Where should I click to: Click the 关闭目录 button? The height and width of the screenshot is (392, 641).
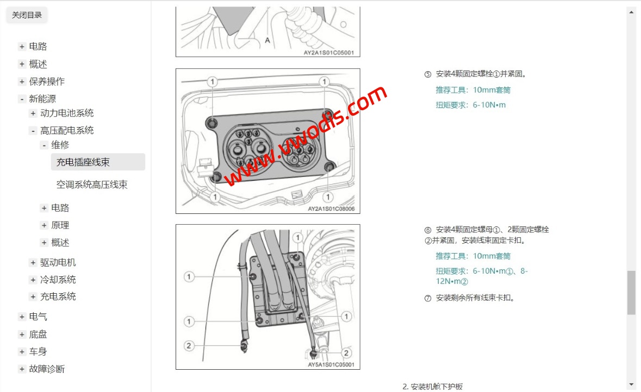pos(27,15)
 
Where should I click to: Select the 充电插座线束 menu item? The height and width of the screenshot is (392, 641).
pos(83,162)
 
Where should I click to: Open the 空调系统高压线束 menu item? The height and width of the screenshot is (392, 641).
pos(92,185)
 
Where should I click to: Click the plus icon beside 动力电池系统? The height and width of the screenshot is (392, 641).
pos(33,113)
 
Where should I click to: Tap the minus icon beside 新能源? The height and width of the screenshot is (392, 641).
pos(22,99)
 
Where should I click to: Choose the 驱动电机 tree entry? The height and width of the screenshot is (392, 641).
pos(58,263)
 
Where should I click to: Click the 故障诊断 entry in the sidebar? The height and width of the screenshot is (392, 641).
pos(47,369)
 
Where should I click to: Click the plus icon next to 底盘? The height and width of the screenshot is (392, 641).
pos(22,334)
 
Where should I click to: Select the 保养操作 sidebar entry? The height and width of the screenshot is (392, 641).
pos(47,81)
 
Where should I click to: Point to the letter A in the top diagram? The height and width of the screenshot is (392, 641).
pos(267,40)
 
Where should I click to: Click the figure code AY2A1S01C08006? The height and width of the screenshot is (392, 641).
pos(331,208)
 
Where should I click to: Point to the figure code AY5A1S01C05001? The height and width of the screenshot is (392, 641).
pos(331,365)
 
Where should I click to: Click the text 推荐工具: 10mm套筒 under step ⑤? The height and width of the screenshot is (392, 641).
pos(473,90)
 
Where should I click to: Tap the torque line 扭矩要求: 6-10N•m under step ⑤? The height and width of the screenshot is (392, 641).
pos(470,105)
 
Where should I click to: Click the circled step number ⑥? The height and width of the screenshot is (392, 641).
pos(428,230)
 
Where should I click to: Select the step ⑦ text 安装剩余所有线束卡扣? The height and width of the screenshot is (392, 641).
pos(475,298)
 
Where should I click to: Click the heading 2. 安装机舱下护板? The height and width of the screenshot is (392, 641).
pos(433,387)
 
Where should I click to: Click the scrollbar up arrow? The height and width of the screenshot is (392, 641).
pos(632,12)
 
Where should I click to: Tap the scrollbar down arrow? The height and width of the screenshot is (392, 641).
pos(632,384)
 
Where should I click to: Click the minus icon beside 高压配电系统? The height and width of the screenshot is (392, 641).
pos(33,131)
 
